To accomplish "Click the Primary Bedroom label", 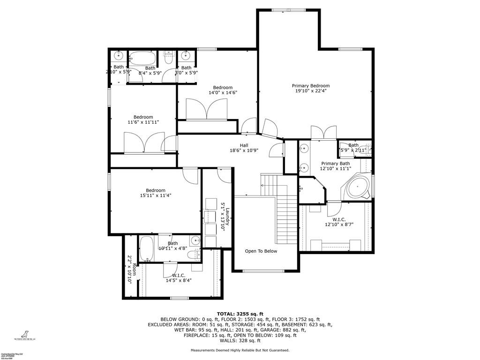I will [310, 86].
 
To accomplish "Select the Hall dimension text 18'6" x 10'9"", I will [244, 151].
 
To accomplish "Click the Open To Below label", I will [261, 251].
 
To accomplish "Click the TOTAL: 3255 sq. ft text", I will [240, 314].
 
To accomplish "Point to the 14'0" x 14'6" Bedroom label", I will [223, 88].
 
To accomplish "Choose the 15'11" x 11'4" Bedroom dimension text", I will [155, 195].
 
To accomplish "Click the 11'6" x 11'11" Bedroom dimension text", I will [143, 122].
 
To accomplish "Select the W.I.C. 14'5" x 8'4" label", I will [179, 278].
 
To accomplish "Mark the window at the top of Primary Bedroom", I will [288, 9].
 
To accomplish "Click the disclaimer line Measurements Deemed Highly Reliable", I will [240, 350].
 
